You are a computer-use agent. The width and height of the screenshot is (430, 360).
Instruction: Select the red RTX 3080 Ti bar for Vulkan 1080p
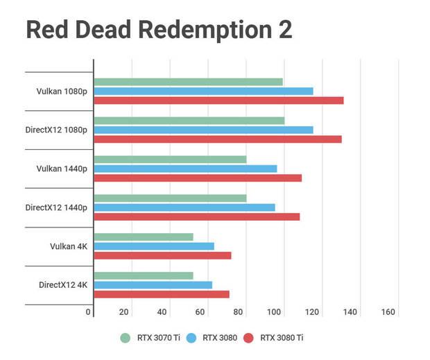tap(218, 101)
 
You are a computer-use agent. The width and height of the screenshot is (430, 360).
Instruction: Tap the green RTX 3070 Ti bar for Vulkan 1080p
tap(188, 82)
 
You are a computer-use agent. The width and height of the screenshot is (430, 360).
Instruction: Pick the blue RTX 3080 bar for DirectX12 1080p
tap(203, 130)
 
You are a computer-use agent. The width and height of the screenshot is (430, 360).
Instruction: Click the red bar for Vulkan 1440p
tap(198, 178)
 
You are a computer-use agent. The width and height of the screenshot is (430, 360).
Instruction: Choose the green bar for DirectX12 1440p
tap(170, 198)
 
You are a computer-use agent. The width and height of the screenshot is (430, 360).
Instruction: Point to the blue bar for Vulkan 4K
tap(154, 246)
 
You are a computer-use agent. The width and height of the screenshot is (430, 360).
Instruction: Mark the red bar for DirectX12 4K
tap(162, 294)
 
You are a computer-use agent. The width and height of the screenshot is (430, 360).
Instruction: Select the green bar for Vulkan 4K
tap(144, 237)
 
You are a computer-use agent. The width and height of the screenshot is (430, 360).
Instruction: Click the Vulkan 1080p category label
tap(62, 91)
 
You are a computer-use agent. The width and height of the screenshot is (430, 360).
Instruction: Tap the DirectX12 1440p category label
tap(56, 207)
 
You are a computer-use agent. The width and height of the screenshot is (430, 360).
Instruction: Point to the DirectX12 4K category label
tap(63, 285)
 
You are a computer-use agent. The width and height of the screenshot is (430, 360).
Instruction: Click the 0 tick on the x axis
tap(89, 312)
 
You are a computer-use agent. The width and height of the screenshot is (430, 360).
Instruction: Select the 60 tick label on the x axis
tap(200, 312)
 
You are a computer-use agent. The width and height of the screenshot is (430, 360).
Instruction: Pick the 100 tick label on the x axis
tap(275, 312)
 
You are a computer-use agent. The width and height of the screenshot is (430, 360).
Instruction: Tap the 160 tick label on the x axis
tap(388, 312)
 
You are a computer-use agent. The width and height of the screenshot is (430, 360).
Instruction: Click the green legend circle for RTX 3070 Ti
tap(125, 338)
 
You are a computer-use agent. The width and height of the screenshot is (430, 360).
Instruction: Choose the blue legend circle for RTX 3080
tap(191, 338)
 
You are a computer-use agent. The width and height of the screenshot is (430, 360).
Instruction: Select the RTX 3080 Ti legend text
tap(282, 338)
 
